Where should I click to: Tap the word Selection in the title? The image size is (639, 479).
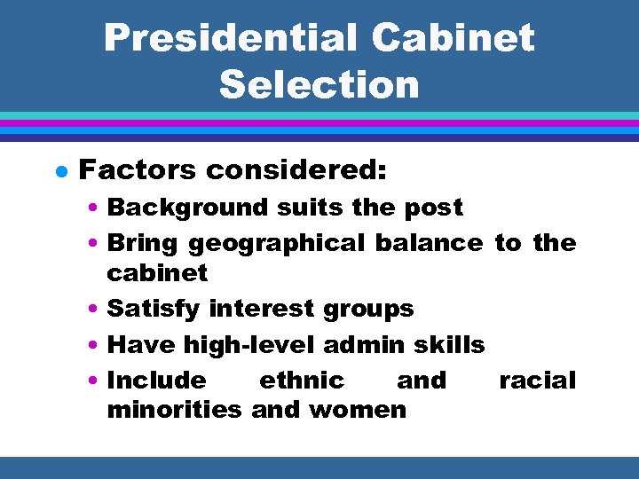point(319,85)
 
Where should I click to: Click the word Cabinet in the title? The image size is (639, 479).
point(454,38)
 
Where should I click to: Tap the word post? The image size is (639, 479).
point(434,208)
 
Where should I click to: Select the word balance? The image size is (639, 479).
point(430,242)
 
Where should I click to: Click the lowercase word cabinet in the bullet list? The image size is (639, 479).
point(157,272)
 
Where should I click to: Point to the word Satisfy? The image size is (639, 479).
point(154,309)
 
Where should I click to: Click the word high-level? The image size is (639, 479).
point(255,344)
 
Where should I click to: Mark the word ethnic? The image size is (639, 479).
point(301,381)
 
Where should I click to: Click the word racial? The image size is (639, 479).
point(538,381)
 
